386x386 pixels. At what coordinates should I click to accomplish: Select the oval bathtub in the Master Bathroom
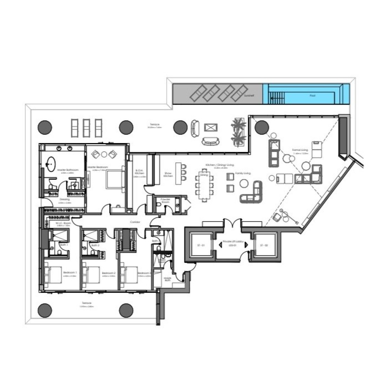51,162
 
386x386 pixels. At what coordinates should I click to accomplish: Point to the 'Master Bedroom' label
98,167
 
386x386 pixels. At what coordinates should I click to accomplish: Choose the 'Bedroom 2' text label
106,273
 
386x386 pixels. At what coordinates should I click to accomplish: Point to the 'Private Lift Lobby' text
231,242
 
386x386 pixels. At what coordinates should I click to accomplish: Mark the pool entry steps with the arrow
273,95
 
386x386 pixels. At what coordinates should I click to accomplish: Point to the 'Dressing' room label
65,199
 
